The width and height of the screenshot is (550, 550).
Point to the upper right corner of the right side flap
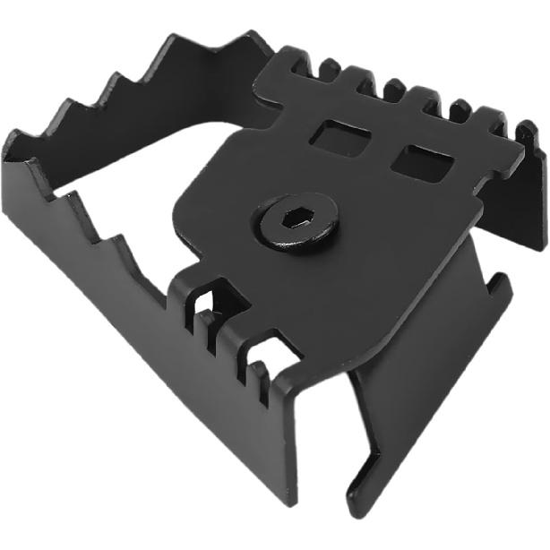point(506,279)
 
